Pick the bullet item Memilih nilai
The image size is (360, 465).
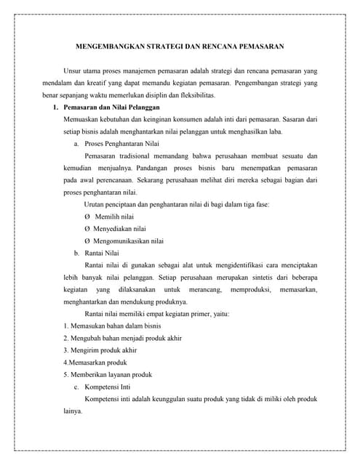[x=114, y=217]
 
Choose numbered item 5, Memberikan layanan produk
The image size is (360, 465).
[x=108, y=374]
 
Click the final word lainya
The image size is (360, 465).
[x=73, y=411]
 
